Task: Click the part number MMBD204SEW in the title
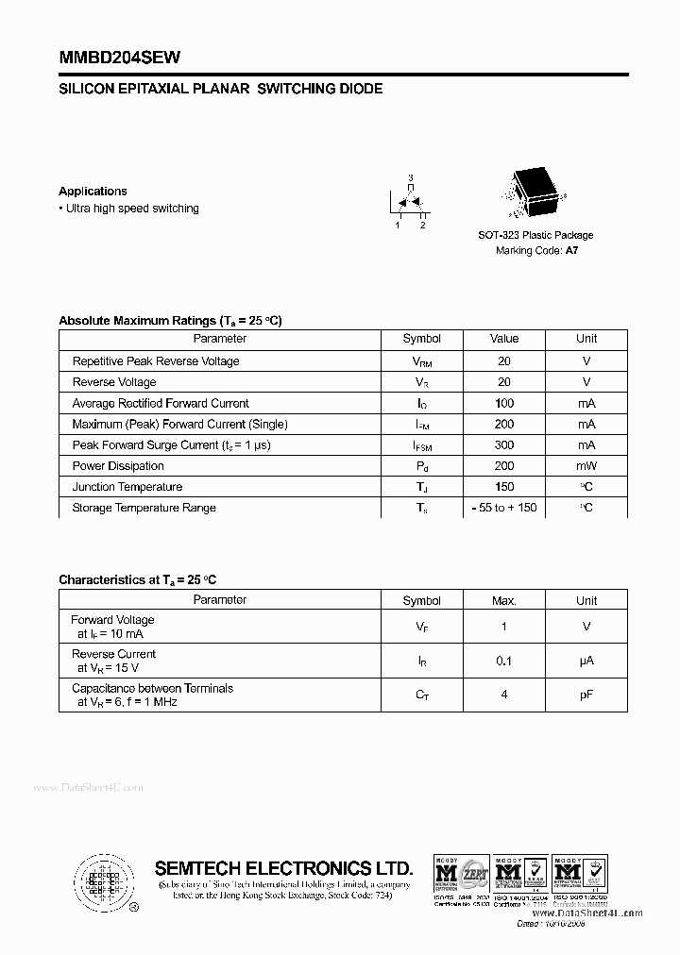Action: (119, 58)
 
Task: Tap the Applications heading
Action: (93, 191)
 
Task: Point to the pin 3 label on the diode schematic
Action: (410, 177)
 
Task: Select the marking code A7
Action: (571, 251)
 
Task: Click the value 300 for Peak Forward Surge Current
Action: (504, 445)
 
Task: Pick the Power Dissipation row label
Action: (118, 466)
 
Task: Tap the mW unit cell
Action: (586, 466)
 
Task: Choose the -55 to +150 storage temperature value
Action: (504, 508)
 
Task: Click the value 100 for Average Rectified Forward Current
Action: (504, 403)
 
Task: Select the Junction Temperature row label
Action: (127, 487)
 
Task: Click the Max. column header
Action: (504, 600)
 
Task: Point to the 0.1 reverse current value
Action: (504, 662)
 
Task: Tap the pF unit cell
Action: (586, 695)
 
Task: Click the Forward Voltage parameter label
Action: (112, 620)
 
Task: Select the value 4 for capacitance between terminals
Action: (504, 695)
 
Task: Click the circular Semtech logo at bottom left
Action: (103, 881)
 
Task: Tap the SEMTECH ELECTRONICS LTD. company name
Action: (283, 868)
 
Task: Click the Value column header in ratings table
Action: (504, 339)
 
